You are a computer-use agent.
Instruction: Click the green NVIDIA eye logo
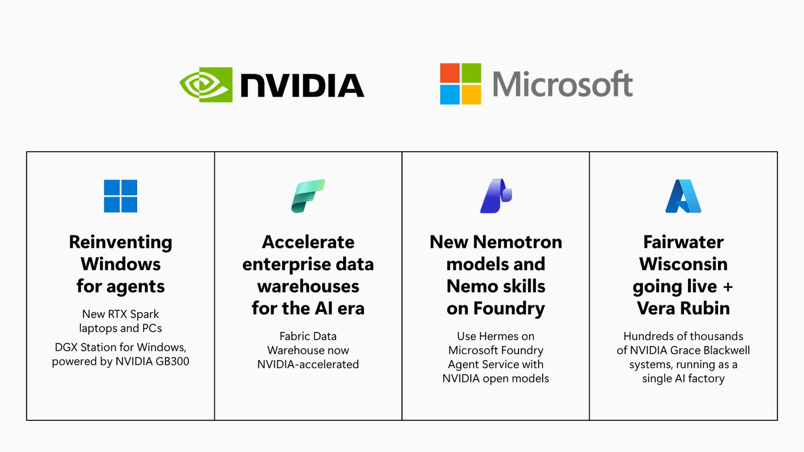tap(206, 85)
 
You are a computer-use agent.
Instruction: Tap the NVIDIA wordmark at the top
tap(302, 85)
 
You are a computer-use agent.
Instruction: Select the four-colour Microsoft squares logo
tap(460, 84)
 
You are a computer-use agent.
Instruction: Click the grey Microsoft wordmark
tap(563, 84)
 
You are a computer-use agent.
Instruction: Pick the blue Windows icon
tap(121, 196)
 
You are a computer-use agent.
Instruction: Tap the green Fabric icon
tap(308, 196)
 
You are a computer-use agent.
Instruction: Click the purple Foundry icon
tap(496, 196)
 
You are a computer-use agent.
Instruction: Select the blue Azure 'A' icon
tap(683, 196)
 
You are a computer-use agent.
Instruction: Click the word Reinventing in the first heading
tap(121, 242)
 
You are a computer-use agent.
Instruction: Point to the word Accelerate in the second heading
tap(308, 242)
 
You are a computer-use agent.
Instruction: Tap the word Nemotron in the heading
tap(517, 242)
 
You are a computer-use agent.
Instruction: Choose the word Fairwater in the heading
tap(683, 242)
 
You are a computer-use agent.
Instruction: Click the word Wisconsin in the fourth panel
tap(683, 264)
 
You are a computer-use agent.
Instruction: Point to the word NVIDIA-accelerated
tap(308, 364)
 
